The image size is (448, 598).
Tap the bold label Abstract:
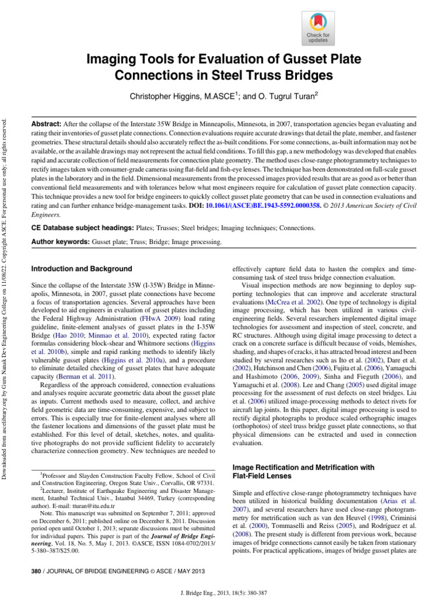tap(46, 124)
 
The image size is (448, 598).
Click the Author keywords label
tap(60, 241)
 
